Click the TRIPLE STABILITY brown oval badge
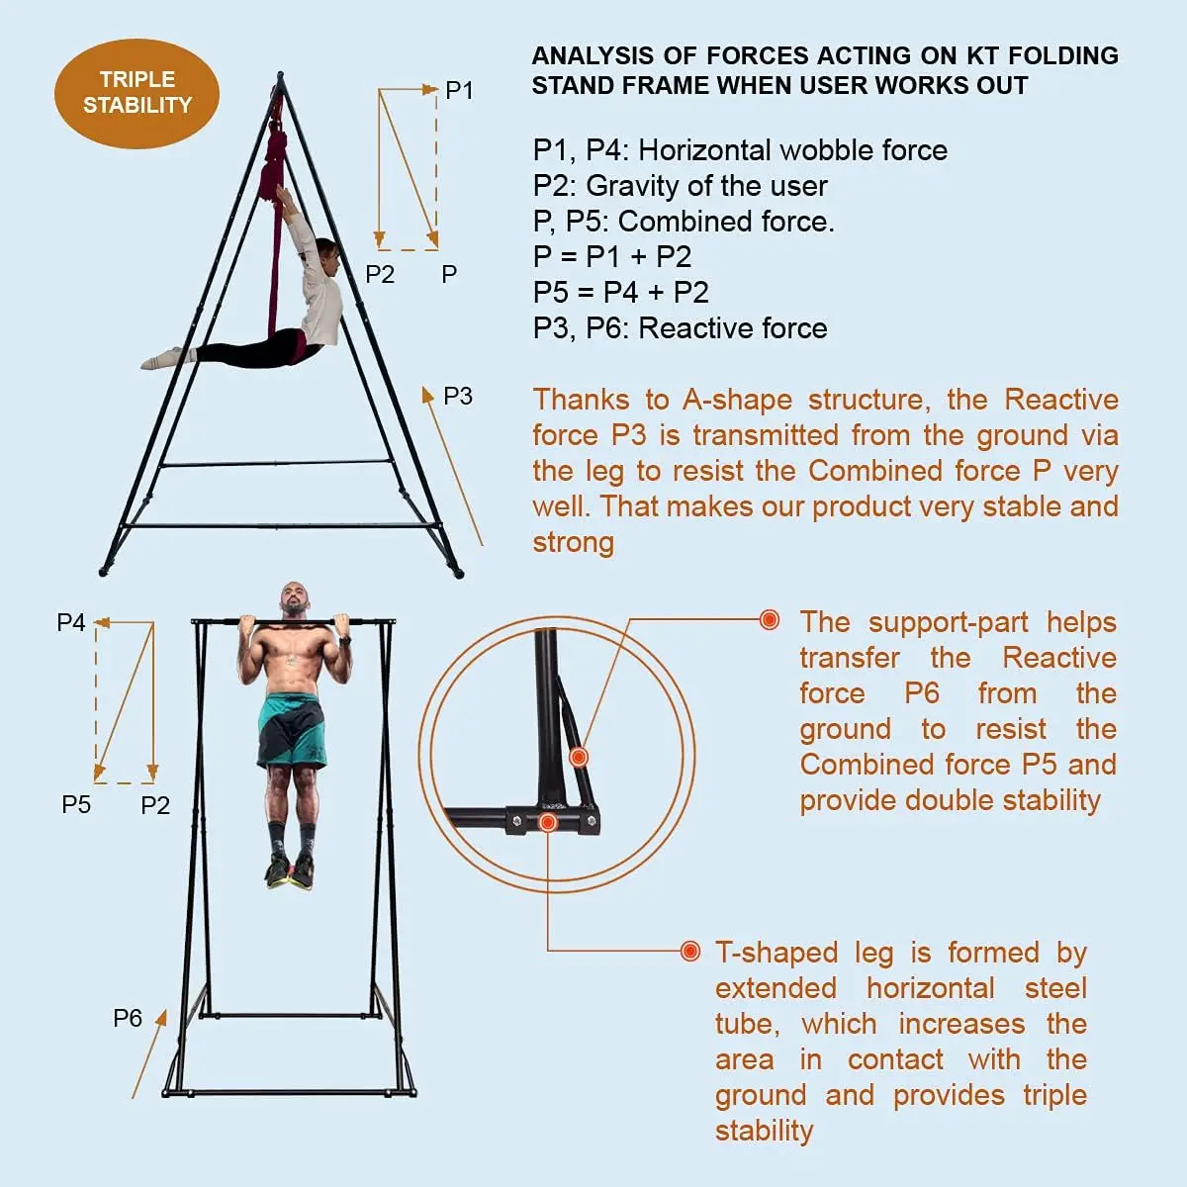[x=137, y=93]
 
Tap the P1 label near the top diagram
[x=459, y=91]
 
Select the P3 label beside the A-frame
[x=457, y=397]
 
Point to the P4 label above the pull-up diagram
[x=71, y=623]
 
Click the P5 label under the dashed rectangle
[x=76, y=805]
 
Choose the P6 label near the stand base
[x=128, y=1019]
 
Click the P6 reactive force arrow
[x=149, y=1053]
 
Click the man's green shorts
[x=291, y=730]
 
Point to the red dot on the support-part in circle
[x=579, y=758]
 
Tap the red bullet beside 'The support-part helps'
[x=770, y=620]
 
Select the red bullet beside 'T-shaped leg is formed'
[x=690, y=952]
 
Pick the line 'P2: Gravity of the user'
[x=680, y=186]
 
